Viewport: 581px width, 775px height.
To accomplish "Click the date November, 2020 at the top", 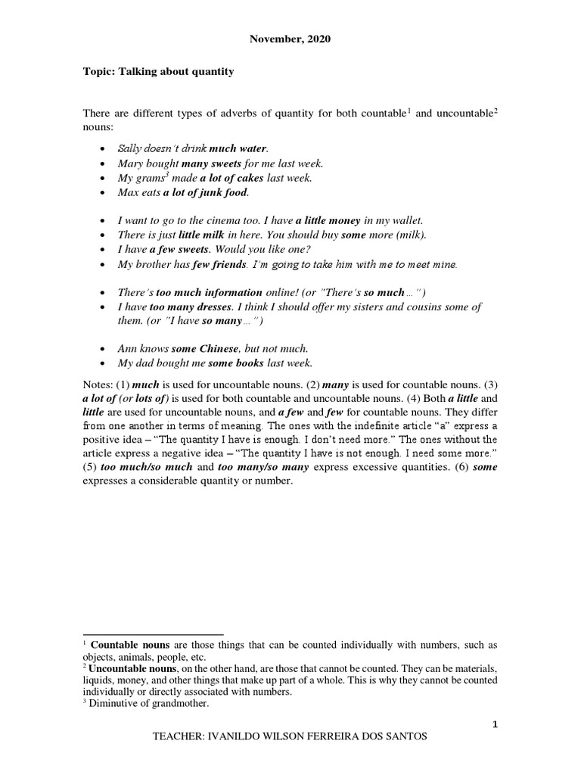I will [x=290, y=38].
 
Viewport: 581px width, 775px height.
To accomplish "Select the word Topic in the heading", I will [x=97, y=71].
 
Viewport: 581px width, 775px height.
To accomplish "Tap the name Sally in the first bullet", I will [x=130, y=149].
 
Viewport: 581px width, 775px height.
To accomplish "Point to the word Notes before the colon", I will [x=96, y=384].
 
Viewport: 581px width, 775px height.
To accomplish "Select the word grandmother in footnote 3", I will [x=180, y=703].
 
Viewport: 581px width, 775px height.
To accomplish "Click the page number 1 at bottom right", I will [x=495, y=725].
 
